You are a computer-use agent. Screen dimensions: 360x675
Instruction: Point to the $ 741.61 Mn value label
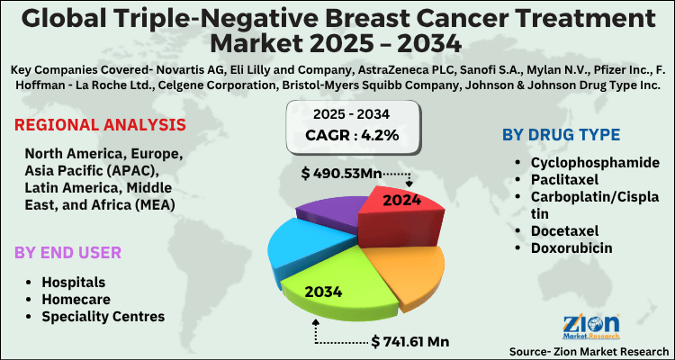[x=411, y=342]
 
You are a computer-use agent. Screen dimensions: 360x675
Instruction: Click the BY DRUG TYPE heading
[x=561, y=135]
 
